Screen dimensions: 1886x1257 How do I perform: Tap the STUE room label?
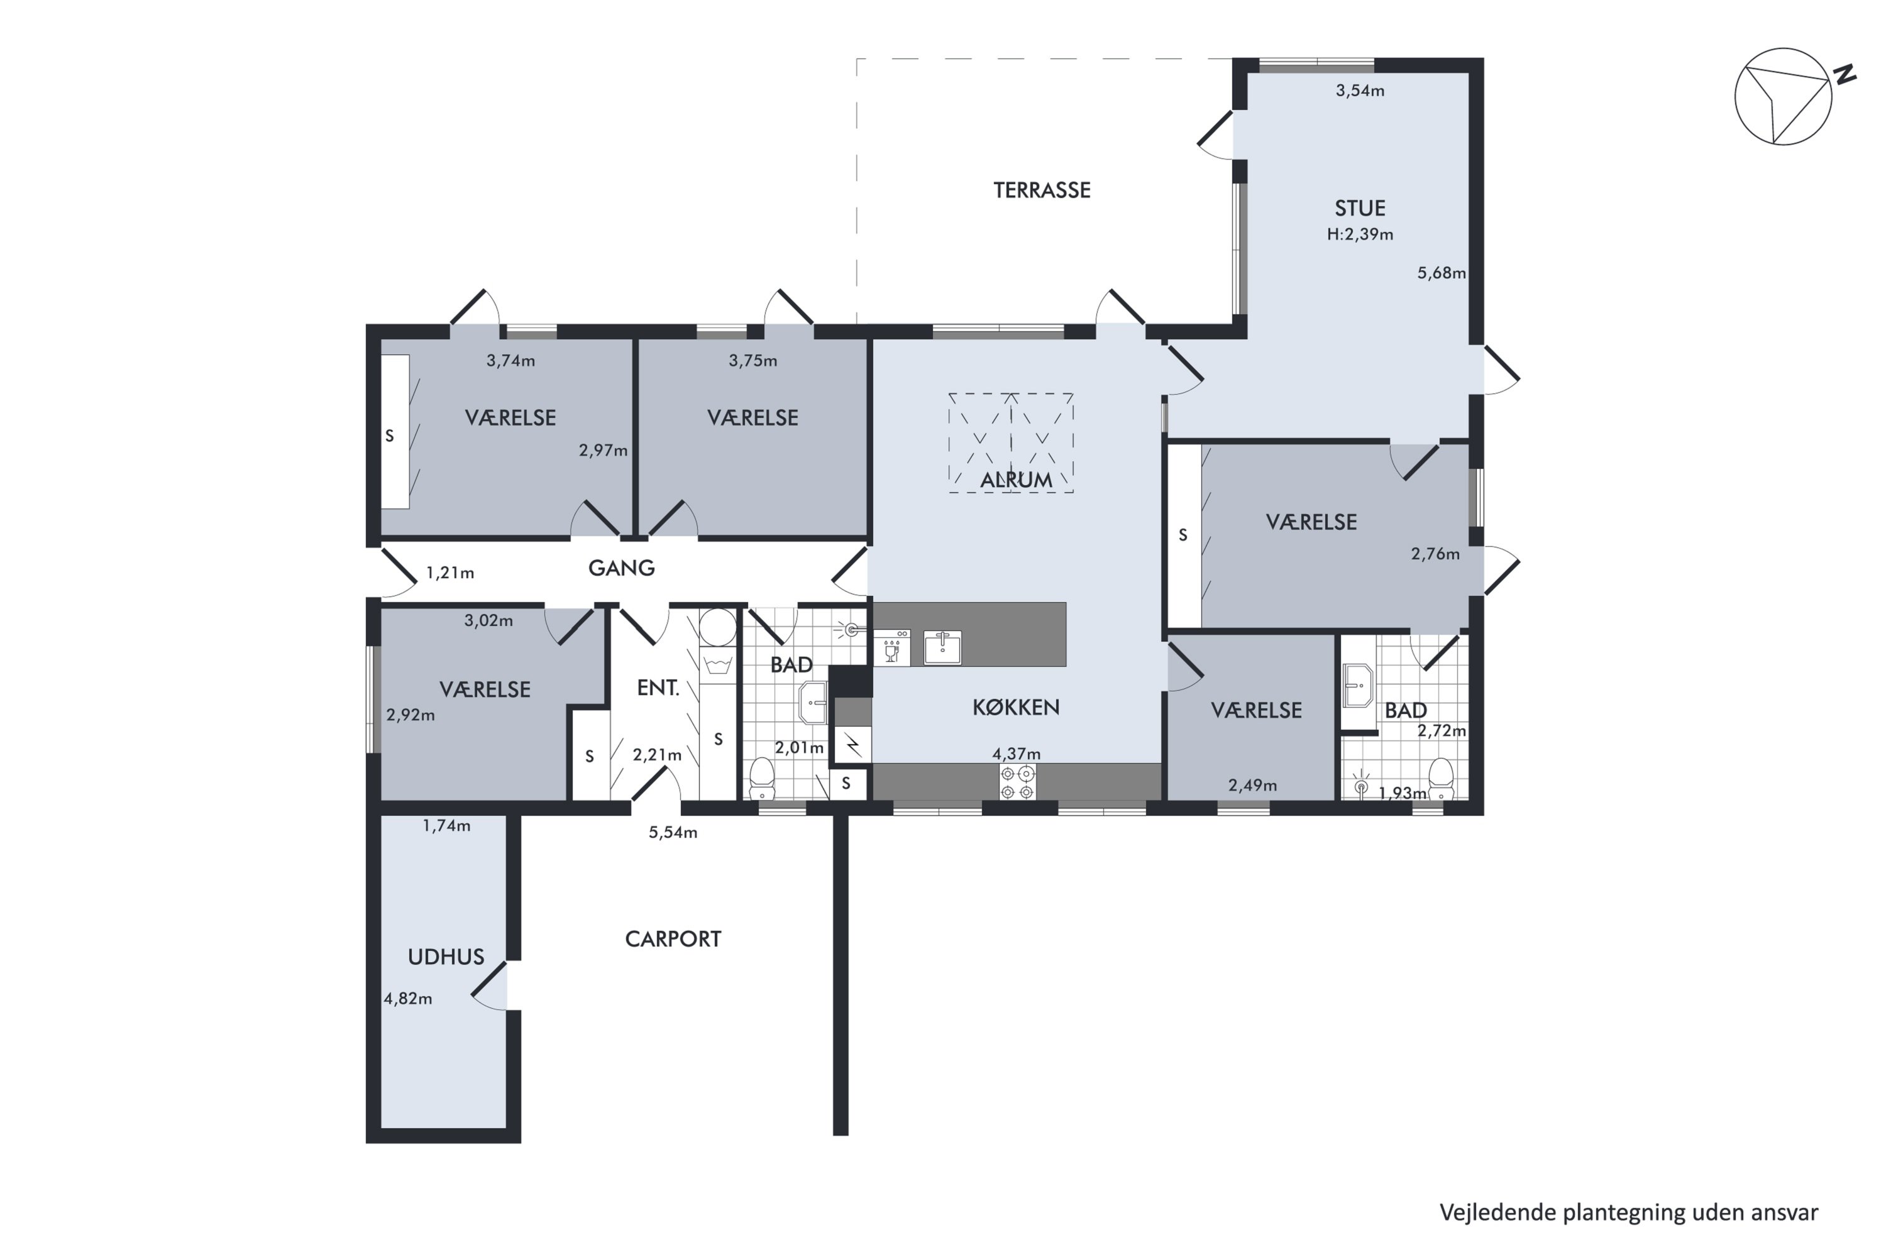1360,209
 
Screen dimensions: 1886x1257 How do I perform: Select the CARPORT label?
673,939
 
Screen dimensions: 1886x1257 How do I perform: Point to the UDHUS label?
446,957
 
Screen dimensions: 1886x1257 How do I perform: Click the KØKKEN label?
1016,707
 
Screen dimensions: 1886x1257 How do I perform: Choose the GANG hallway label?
622,568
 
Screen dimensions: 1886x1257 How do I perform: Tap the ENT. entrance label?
658,688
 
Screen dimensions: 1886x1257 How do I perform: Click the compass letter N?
1845,75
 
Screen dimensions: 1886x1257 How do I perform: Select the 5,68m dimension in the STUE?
1441,273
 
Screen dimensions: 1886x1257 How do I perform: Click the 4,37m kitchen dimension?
1016,754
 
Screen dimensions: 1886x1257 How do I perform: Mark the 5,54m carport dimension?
673,833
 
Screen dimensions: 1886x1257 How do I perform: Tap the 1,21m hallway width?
450,573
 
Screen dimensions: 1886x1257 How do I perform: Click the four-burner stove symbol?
1017,782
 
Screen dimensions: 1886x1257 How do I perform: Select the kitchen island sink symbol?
942,647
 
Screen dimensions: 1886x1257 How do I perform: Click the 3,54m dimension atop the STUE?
1360,91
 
